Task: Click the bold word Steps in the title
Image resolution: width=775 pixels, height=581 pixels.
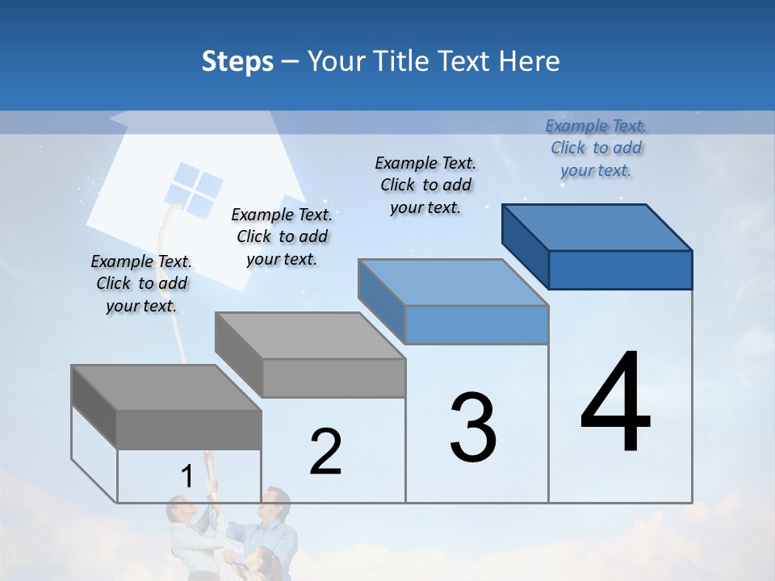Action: point(237,61)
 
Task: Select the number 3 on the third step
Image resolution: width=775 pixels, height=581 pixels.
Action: point(472,427)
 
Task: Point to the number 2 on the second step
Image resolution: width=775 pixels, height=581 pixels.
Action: point(325,452)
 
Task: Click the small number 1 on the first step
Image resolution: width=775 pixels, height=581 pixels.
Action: point(186,477)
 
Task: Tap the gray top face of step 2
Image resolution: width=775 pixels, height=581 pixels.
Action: point(310,336)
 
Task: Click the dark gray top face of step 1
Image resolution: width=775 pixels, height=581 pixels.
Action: point(166,387)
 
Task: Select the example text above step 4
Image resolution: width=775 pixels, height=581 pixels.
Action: point(596,148)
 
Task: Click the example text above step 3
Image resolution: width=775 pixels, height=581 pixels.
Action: point(425,185)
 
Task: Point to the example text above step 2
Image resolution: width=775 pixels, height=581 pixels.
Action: point(282,236)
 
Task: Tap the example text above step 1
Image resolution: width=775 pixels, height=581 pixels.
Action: point(141,283)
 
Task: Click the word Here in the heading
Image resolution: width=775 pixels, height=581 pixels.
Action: point(530,61)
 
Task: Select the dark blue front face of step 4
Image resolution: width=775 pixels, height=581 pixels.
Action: point(620,270)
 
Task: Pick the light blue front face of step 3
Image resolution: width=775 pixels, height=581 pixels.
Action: point(476,324)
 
